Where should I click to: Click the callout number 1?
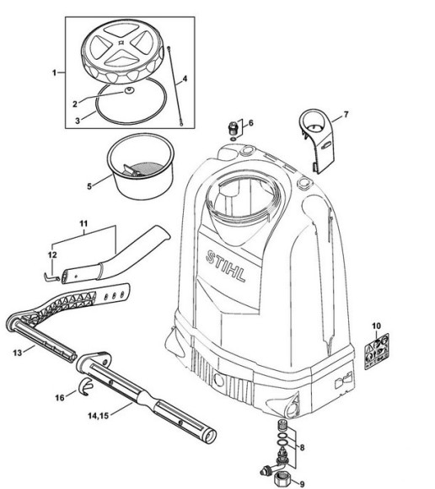point(56,73)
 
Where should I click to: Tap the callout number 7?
point(345,114)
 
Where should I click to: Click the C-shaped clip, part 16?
point(83,388)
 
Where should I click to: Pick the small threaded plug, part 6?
point(230,127)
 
